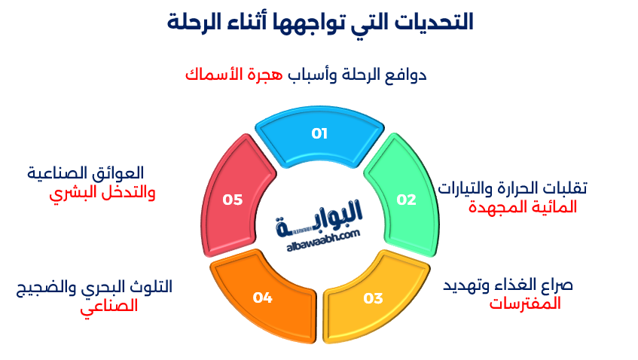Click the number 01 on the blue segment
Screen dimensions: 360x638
(x=319, y=134)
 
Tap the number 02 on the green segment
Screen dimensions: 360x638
(x=406, y=200)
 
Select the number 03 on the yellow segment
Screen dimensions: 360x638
(x=373, y=298)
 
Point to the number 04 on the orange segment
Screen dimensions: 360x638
(x=262, y=298)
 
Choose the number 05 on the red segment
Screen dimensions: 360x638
(x=233, y=200)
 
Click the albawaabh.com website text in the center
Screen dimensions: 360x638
(x=323, y=236)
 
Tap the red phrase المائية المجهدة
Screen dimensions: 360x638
(x=523, y=207)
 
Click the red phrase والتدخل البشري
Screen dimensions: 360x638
(x=102, y=193)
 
